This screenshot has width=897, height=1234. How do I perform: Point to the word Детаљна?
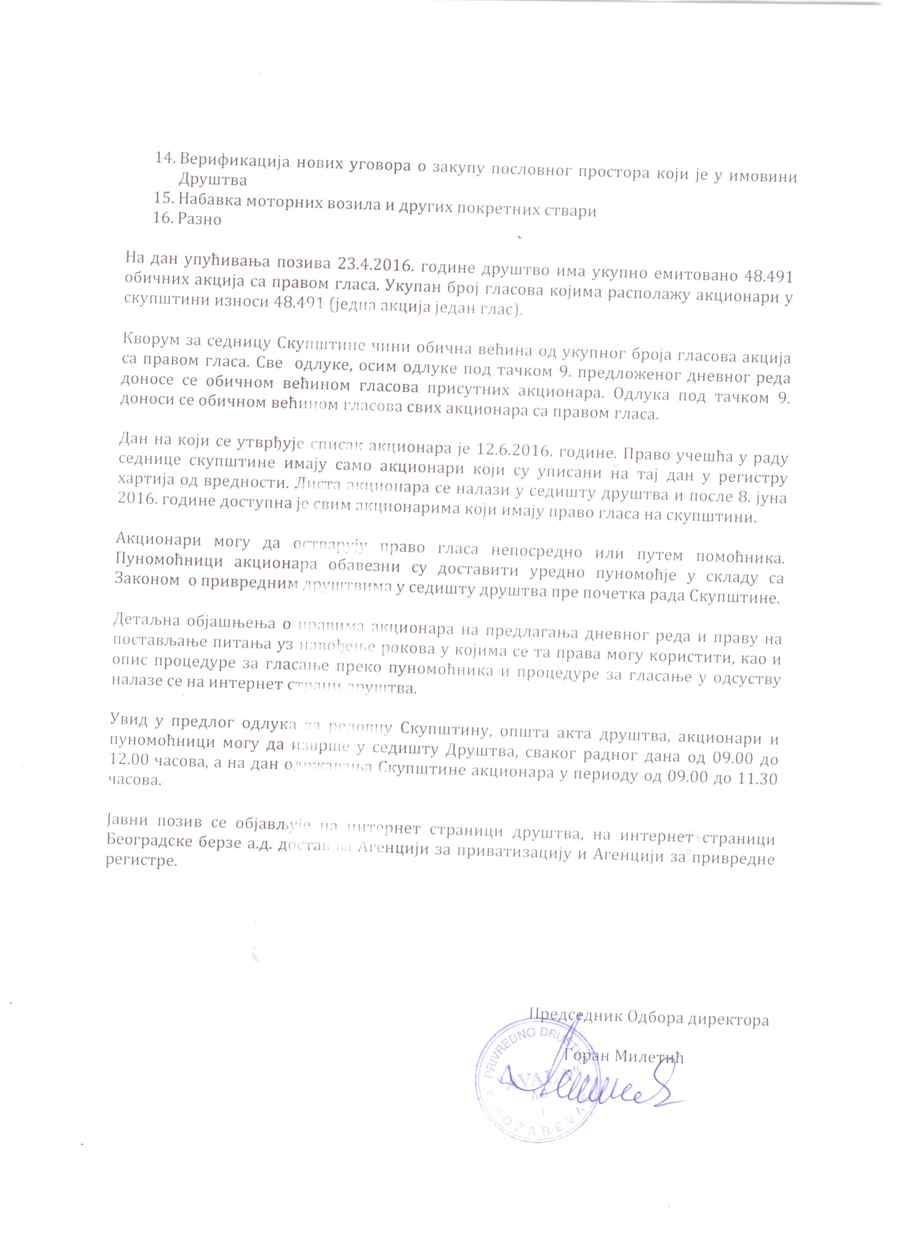pos(141,620)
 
